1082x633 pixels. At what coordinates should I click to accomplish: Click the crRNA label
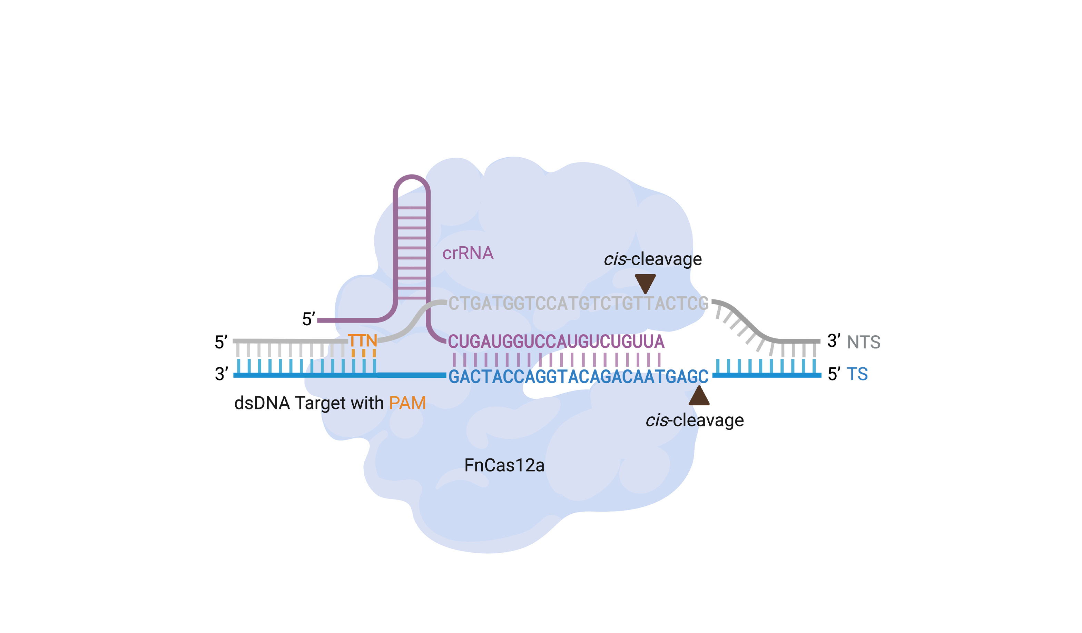(468, 253)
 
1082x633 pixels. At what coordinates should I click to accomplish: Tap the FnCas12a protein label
(504, 465)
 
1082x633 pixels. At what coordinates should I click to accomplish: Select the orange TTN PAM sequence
(362, 341)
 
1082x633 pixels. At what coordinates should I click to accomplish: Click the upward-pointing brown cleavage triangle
(699, 396)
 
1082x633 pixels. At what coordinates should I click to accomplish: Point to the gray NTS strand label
(864, 342)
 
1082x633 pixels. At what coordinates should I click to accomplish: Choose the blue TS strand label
(857, 374)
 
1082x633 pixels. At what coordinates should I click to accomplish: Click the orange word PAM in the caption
(407, 403)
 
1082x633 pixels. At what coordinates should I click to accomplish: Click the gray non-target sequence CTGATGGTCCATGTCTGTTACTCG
(578, 304)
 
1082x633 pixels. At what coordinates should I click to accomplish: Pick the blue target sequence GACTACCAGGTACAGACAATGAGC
(578, 377)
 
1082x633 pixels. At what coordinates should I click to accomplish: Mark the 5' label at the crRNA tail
(308, 319)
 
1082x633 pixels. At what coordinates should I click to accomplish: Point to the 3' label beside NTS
(833, 341)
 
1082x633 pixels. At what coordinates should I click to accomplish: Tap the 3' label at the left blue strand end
(221, 374)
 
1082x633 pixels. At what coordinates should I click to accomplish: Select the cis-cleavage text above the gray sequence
(653, 259)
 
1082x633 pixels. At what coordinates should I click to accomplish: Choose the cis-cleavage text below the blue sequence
(694, 420)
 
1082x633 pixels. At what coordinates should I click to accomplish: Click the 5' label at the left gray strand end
(221, 342)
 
